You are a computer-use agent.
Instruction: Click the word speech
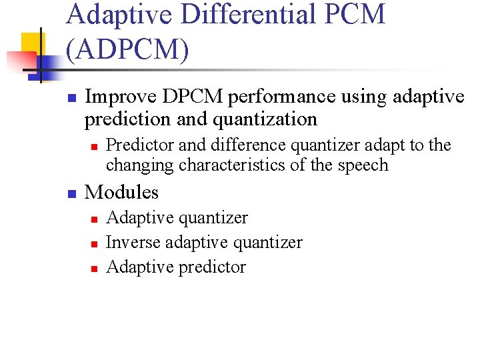364,165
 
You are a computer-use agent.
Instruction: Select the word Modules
122,192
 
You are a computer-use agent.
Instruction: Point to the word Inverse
133,242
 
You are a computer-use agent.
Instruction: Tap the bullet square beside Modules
72,193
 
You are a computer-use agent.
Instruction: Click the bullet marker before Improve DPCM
72,98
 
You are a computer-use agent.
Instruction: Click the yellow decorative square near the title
30,44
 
